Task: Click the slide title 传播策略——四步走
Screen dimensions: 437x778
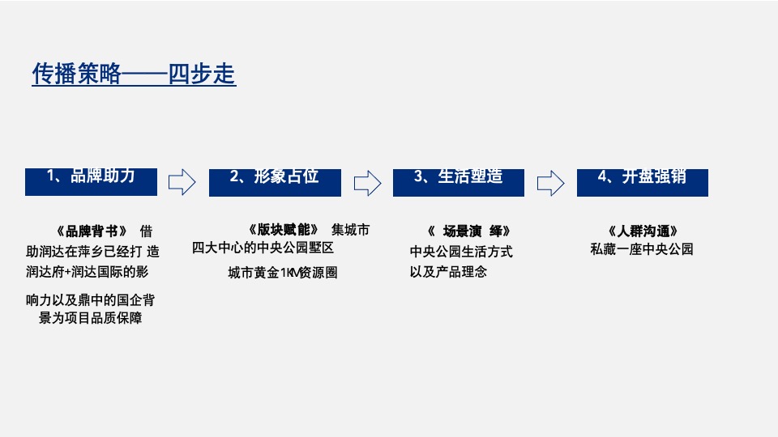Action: pos(134,74)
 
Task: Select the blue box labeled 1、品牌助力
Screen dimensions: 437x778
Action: pos(91,181)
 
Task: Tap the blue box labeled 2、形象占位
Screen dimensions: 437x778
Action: pos(275,181)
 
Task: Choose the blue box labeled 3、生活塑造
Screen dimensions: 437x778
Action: pos(459,181)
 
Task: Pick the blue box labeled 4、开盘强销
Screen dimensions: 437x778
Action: pos(642,181)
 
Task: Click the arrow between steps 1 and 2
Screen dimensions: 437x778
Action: pos(182,182)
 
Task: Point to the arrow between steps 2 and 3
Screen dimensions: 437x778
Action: pos(367,182)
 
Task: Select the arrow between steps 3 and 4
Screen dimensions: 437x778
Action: pos(551,182)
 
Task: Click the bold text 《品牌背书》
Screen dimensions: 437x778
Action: pos(88,231)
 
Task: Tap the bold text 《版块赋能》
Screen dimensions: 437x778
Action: pos(283,229)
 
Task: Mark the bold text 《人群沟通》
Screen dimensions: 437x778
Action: pos(642,231)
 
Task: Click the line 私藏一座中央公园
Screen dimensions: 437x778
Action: pos(642,249)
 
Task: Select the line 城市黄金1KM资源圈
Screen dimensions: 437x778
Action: pos(282,273)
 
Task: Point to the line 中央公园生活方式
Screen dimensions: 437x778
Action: pos(461,252)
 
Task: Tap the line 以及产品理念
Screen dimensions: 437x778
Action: pos(448,272)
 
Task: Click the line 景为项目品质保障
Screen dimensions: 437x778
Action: pos(91,319)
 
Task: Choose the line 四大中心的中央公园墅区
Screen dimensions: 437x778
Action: pos(263,248)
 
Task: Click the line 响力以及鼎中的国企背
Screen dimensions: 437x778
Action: pos(90,300)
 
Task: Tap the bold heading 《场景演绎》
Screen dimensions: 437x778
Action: pos(468,231)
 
